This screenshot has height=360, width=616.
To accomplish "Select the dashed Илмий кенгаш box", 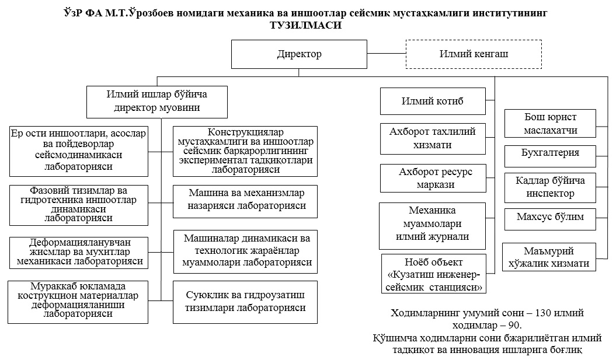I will pos(473,54).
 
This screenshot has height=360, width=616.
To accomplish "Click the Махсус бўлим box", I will pos(550,218).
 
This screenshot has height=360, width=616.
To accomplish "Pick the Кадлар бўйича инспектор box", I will pos(550,186).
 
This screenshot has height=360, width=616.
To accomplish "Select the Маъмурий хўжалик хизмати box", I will pos(549,257).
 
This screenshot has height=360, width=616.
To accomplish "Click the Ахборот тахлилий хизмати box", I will pos(433,138).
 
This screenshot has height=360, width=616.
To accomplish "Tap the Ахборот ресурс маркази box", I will pos(433,178).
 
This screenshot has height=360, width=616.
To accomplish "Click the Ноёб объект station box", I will pos(434,272).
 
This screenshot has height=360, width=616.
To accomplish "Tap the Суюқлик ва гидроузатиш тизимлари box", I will pos(245,301).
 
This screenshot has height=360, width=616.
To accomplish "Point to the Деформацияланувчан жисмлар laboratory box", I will pos(78,251).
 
